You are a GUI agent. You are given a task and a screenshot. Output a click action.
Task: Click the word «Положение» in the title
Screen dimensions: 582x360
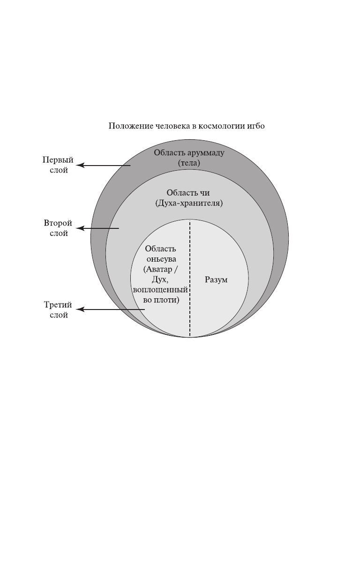click(x=125, y=126)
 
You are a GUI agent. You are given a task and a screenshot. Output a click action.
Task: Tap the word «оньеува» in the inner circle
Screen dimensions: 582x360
click(x=161, y=259)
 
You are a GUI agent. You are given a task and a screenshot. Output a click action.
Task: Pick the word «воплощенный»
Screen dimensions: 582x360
click(x=161, y=290)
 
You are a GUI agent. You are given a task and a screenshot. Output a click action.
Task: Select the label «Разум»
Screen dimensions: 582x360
click(x=216, y=280)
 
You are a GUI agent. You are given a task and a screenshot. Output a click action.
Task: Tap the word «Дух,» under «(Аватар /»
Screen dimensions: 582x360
click(x=161, y=280)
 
